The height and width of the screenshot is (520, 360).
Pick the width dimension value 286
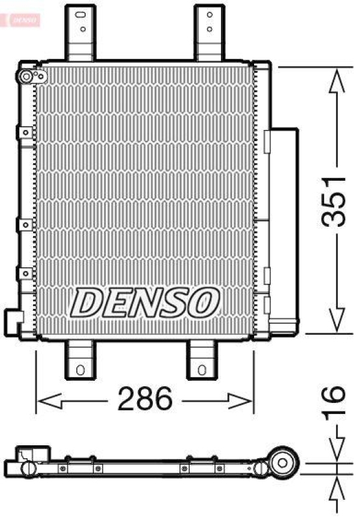[x=144, y=398]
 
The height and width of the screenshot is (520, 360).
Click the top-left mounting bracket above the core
[x=81, y=32]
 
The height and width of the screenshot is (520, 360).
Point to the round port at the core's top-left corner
[x=27, y=77]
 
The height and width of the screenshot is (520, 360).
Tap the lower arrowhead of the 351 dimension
[x=337, y=320]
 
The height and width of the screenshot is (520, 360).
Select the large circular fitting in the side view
[x=283, y=463]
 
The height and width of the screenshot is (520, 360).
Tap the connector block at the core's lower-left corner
[x=14, y=319]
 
